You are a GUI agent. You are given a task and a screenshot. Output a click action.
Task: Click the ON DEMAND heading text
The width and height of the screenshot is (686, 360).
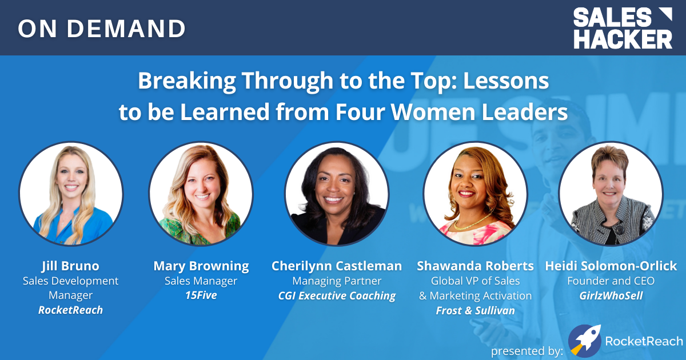click(x=101, y=29)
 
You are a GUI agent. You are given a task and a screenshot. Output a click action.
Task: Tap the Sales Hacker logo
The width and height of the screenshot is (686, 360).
click(x=623, y=28)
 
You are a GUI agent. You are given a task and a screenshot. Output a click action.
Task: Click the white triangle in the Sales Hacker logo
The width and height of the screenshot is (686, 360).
click(x=665, y=14)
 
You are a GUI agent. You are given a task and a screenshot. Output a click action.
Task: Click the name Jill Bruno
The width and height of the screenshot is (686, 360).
click(x=70, y=266)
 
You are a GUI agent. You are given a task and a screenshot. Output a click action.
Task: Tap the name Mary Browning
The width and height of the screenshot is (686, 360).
click(x=201, y=266)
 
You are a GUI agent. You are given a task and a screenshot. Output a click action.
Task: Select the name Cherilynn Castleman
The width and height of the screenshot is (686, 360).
click(x=337, y=266)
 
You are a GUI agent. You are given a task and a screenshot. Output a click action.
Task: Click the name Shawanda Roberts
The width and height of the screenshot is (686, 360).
click(x=475, y=266)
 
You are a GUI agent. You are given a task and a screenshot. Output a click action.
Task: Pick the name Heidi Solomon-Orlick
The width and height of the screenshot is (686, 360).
click(x=611, y=266)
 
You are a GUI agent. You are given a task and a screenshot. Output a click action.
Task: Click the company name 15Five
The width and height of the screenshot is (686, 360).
click(x=201, y=295)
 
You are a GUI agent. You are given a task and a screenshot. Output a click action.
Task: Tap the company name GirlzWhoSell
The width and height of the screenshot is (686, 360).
click(x=611, y=296)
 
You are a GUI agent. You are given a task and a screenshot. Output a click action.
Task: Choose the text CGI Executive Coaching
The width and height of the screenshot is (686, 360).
click(x=337, y=296)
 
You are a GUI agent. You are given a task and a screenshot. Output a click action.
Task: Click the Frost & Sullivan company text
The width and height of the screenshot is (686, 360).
click(x=475, y=310)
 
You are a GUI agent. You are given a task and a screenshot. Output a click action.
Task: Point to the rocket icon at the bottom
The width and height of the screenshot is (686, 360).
click(x=584, y=341)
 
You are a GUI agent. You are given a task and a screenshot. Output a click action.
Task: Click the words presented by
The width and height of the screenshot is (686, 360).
click(x=527, y=351)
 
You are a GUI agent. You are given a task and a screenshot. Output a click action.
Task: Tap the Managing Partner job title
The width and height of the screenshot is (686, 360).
click(x=337, y=281)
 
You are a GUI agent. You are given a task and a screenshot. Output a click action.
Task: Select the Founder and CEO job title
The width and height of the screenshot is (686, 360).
click(x=611, y=281)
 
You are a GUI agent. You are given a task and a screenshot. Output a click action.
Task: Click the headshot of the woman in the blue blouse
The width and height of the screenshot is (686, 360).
click(x=71, y=194)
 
